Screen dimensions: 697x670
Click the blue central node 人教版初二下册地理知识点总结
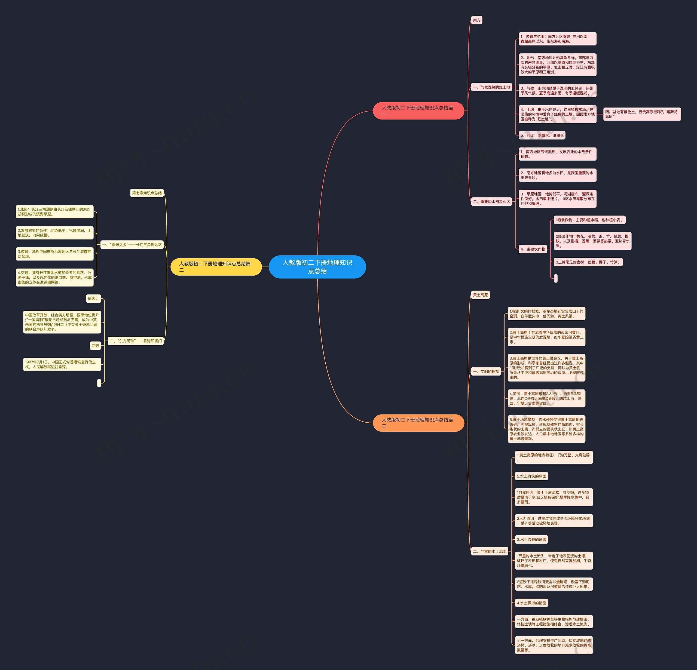317,267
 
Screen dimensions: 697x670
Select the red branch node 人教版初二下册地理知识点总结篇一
418,110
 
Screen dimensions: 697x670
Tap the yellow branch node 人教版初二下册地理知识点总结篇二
216,267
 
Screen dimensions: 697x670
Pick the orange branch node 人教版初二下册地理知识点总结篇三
418,423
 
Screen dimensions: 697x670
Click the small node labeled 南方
477,20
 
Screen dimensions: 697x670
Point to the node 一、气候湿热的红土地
491,87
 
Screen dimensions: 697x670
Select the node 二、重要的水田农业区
491,202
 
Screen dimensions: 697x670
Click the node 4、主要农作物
533,249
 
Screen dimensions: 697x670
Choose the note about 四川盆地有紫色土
642,114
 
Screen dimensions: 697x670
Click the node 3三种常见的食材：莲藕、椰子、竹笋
588,262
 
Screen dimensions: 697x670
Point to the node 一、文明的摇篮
486,371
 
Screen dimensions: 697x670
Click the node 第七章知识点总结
147,193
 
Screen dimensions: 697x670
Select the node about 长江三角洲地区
132,245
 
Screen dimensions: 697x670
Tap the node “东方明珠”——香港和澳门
136,341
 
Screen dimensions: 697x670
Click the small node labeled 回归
95,346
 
